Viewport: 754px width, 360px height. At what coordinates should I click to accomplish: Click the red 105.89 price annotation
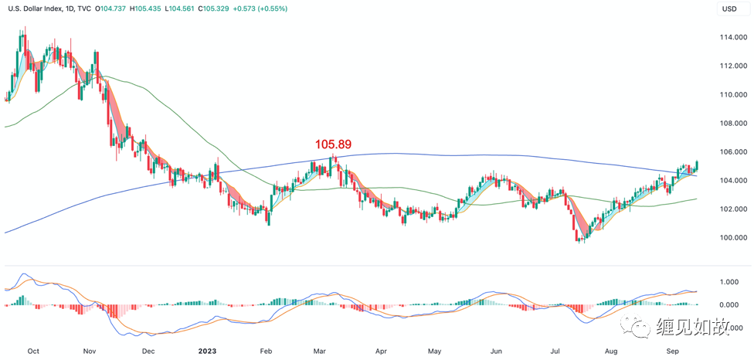pyautogui.click(x=333, y=144)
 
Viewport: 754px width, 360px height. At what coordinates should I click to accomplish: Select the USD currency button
pyautogui.click(x=729, y=9)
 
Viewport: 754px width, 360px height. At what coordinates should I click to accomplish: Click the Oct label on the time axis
pyautogui.click(x=33, y=350)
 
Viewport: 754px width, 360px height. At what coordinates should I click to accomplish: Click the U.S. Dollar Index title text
pyautogui.click(x=38, y=9)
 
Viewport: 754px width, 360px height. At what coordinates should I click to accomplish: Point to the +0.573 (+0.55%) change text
pyautogui.click(x=271, y=9)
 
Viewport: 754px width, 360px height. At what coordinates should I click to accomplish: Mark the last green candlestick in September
pyautogui.click(x=697, y=165)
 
